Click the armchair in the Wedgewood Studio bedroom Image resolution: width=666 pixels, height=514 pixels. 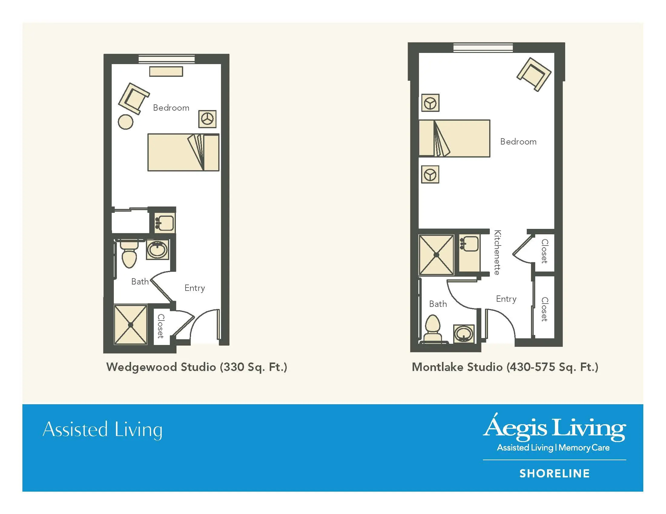pos(134,98)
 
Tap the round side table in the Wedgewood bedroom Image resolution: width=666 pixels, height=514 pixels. pos(126,122)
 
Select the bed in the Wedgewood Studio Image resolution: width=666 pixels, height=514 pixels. pos(183,152)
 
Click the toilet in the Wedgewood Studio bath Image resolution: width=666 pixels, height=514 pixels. pos(129,254)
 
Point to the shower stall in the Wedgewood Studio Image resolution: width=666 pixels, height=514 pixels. pos(130,325)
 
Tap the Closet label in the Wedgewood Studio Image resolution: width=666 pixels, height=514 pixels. pos(161,326)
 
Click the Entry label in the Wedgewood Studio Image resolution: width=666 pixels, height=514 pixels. pos(195,288)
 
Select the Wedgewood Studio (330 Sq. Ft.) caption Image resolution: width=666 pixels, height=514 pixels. pos(197,367)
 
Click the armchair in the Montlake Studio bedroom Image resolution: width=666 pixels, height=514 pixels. pos(534,74)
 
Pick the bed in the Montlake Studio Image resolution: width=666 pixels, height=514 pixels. pos(454,138)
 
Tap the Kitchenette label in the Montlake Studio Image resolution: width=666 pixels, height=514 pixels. pos(497,252)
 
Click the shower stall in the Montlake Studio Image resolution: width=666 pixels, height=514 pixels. pos(436,255)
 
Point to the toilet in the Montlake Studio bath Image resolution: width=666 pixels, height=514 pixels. pos(433,329)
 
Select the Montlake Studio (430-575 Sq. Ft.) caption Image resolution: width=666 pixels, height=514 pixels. pos(505,367)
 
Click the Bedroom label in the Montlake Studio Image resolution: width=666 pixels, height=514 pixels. pos(518,142)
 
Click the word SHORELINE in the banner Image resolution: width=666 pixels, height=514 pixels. pos(555,473)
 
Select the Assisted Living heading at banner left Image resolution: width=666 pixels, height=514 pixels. pos(102,430)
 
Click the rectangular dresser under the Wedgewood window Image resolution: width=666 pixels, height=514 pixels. pos(166,72)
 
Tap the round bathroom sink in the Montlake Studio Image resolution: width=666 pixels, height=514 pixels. pos(464,334)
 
